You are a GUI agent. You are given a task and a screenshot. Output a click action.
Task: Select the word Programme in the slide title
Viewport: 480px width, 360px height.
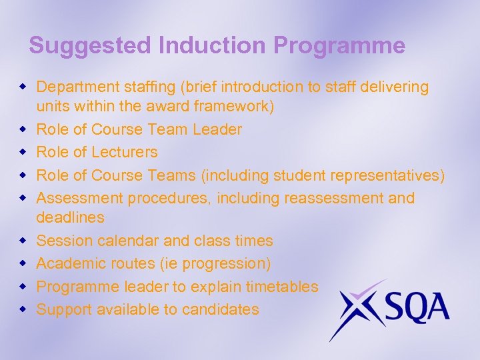pyautogui.click(x=339, y=45)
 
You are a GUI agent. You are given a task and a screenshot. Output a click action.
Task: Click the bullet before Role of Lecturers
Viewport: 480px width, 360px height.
pyautogui.click(x=23, y=152)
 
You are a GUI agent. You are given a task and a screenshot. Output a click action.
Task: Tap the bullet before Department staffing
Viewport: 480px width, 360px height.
pyautogui.click(x=23, y=87)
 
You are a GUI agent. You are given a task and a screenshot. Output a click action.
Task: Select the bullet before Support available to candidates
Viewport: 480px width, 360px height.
pyautogui.click(x=23, y=309)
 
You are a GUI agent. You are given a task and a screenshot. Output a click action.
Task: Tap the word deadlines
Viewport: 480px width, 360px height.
pyautogui.click(x=70, y=217)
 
